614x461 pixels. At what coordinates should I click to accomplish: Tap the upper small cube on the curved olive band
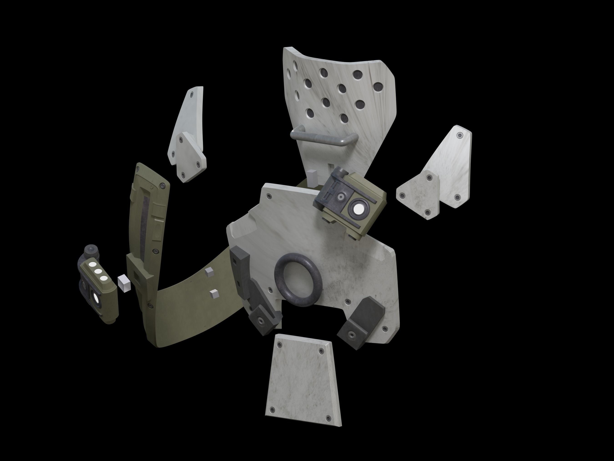click(x=209, y=272)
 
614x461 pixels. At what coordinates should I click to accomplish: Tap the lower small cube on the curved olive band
click(x=214, y=293)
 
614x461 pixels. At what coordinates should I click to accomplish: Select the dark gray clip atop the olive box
click(x=330, y=194)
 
